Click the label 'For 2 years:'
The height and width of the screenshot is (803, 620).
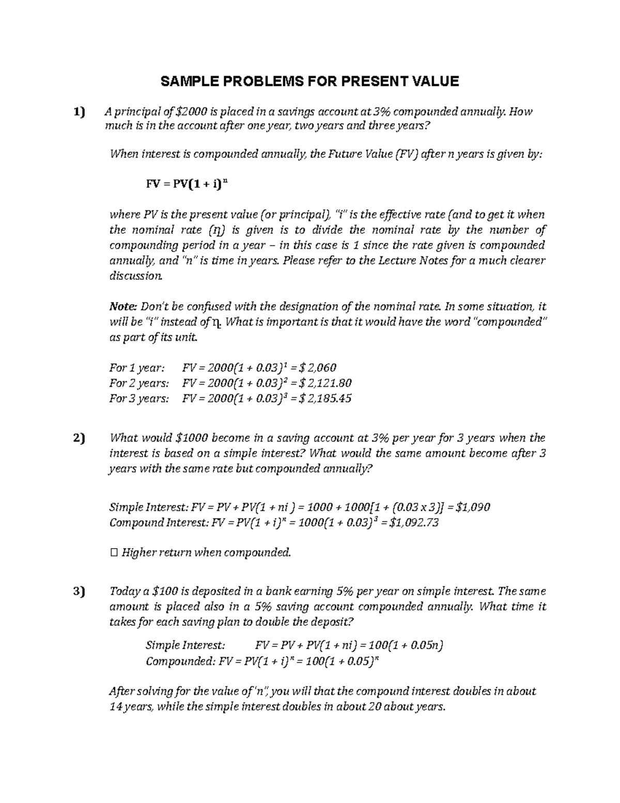(139, 383)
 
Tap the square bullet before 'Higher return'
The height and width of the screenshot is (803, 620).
(114, 553)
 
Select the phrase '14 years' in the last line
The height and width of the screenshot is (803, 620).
(131, 707)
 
